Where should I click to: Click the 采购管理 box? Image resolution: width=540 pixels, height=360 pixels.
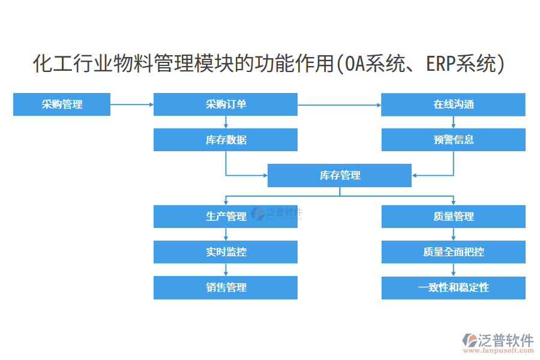tap(62, 104)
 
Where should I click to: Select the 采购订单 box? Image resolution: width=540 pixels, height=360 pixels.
tap(226, 104)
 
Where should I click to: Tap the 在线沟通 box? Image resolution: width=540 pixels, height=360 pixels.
tap(454, 104)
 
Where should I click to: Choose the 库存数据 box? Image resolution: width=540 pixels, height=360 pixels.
tap(226, 140)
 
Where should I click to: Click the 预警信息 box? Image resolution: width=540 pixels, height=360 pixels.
tap(454, 140)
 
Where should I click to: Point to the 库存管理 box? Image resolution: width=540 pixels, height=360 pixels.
tap(340, 175)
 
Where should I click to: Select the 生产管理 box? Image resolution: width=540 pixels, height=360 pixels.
tap(226, 217)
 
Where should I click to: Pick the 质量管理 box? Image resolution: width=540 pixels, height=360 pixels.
tap(454, 217)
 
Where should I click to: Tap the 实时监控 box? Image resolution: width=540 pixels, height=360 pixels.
tap(226, 252)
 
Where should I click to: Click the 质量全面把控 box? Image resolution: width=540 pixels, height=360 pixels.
tap(454, 252)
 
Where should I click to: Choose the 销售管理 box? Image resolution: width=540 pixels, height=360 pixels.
tap(226, 287)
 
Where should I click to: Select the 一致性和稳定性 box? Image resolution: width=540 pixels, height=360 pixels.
tap(454, 287)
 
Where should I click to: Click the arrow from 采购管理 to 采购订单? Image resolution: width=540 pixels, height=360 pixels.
tap(132, 104)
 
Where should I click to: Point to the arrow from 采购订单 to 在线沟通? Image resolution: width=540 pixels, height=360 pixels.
tap(340, 104)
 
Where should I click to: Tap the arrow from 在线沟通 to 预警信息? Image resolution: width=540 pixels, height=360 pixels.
tap(454, 122)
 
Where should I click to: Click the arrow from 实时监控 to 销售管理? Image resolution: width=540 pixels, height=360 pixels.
tap(226, 269)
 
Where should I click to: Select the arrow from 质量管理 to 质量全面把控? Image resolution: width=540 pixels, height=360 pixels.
tap(454, 234)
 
